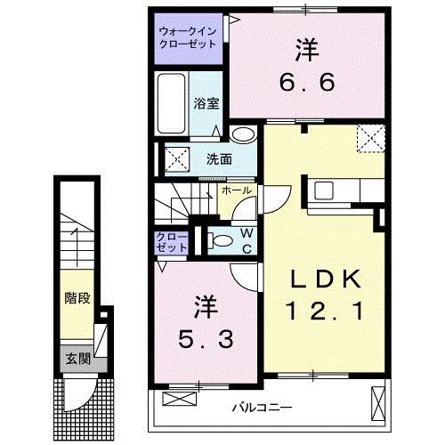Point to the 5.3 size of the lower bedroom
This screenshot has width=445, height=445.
pos(203,338)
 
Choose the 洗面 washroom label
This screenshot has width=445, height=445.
pos(219,159)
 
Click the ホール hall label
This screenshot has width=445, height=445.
pos(236,190)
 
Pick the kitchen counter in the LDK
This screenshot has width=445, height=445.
pos(343,190)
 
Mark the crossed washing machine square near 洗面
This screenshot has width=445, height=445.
pos(174,161)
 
